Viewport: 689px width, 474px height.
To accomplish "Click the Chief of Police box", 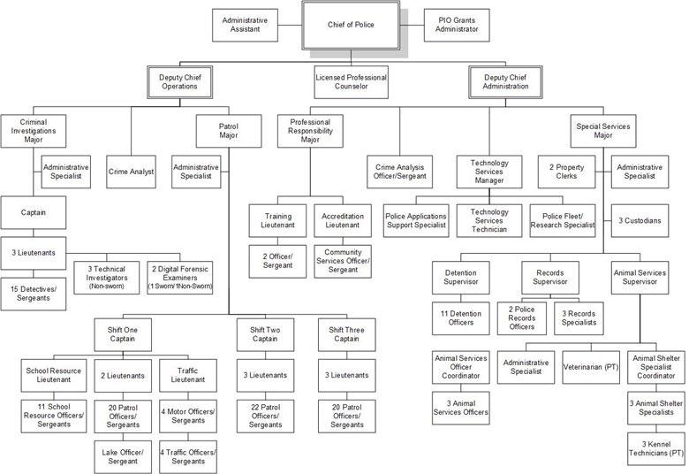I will click(x=352, y=25).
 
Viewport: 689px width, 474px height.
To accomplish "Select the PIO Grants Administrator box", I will click(x=457, y=25).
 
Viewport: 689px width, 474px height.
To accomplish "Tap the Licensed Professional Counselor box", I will click(x=351, y=83).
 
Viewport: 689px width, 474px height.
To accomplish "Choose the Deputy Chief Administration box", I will click(x=506, y=83).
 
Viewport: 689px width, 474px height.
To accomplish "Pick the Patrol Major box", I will click(x=228, y=132).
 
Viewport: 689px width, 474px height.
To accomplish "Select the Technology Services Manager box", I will click(x=489, y=172).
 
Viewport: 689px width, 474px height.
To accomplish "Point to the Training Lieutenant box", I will click(x=277, y=221).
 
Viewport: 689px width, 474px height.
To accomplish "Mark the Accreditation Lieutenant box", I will click(x=342, y=221).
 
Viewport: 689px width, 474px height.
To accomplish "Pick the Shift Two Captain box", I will click(x=265, y=337).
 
